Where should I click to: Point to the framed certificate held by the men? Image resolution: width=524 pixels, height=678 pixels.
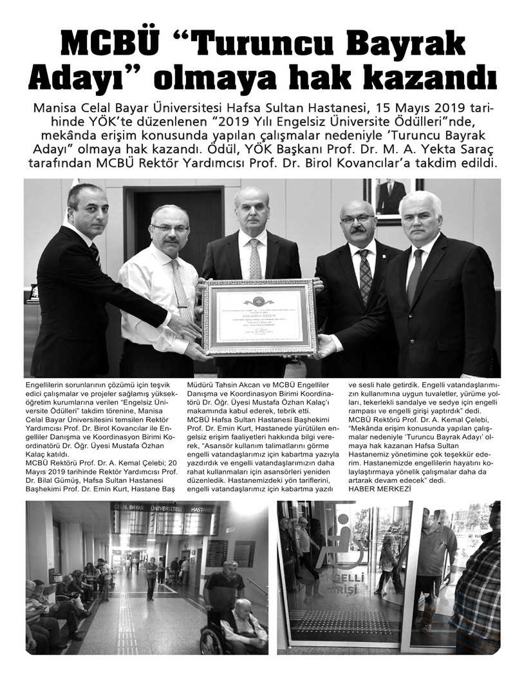pyautogui.click(x=261, y=317)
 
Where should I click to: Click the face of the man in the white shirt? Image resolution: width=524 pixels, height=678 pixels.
pyautogui.click(x=169, y=225)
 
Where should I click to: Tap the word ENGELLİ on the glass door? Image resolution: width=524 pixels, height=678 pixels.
pyautogui.click(x=344, y=576)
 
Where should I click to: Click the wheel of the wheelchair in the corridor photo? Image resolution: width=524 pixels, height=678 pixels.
pyautogui.click(x=211, y=641)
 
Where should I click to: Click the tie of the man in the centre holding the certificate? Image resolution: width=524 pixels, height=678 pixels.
pyautogui.click(x=256, y=258)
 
